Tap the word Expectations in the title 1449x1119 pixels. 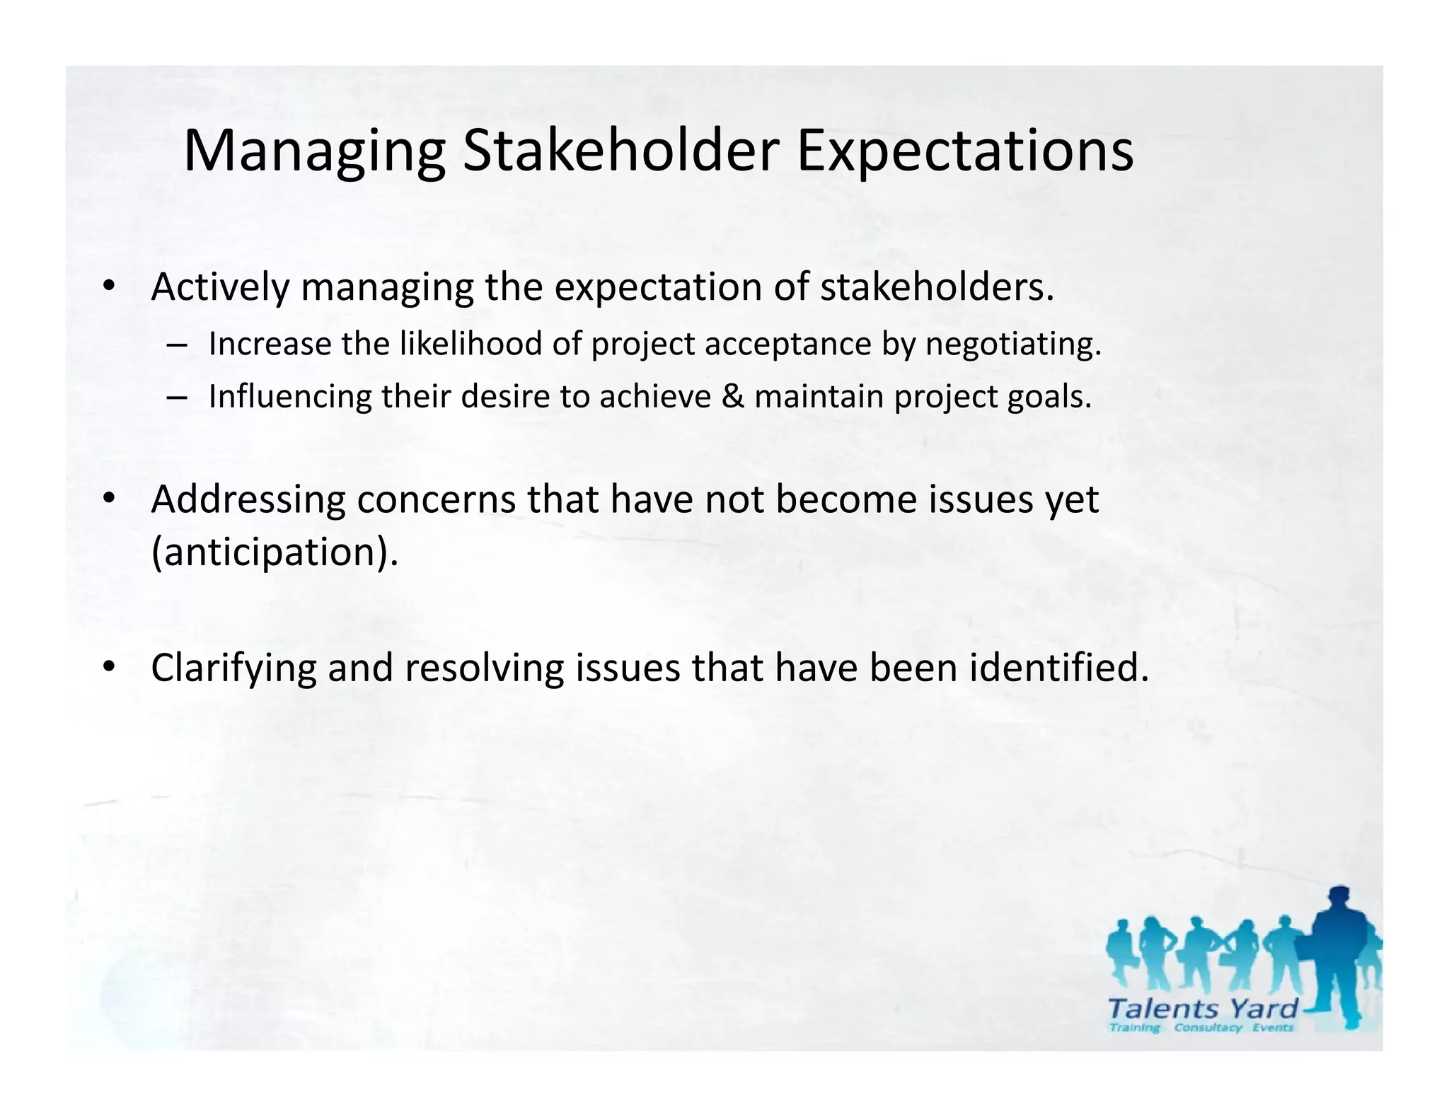[964, 152]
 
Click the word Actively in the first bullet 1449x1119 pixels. [220, 288]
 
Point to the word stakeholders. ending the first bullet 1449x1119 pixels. [937, 287]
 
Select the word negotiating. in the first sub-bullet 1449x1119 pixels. [1013, 345]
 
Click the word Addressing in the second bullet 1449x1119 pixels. [248, 500]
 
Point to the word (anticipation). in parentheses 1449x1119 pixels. [275, 552]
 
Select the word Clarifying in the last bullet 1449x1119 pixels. [233, 668]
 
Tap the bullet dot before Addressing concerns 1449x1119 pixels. [108, 499]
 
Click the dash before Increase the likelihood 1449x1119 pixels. [178, 345]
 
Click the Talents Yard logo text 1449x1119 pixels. [1203, 1008]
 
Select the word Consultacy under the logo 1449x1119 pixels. [1208, 1028]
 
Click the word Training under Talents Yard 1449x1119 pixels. [1134, 1028]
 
